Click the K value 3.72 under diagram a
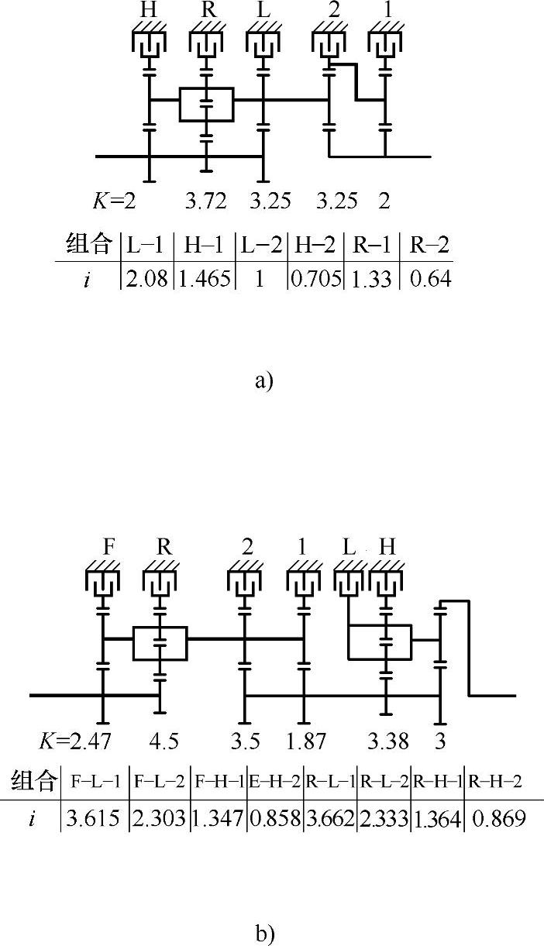(x=205, y=201)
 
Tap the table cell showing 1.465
(x=205, y=277)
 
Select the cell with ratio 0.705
(x=315, y=277)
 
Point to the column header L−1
(x=146, y=245)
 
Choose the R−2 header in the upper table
(x=426, y=245)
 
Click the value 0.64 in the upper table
(x=426, y=277)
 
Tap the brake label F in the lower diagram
(x=110, y=547)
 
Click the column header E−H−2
(x=274, y=781)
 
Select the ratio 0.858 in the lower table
(x=274, y=820)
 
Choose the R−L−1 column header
(x=329, y=781)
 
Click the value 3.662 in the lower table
(x=329, y=820)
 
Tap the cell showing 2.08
(x=145, y=277)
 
